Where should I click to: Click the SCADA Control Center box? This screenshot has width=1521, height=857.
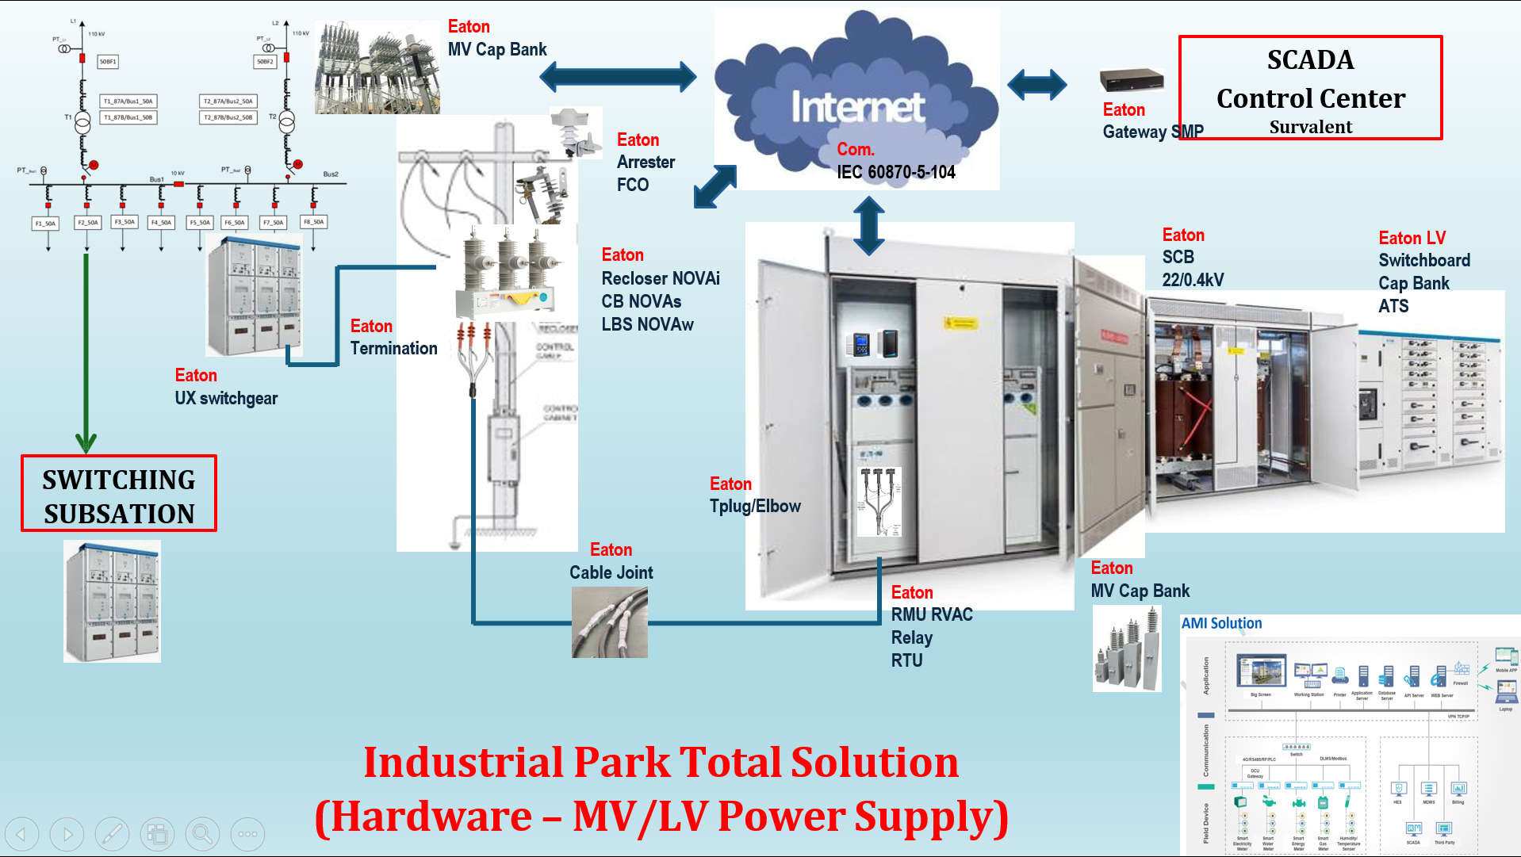pos(1309,87)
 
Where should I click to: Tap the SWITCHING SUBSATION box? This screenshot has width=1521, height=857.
pos(119,493)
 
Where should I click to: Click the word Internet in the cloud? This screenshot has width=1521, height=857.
pos(857,107)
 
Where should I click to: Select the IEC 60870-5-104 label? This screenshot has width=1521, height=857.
pos(895,172)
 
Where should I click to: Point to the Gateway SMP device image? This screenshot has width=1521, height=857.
pos(1131,80)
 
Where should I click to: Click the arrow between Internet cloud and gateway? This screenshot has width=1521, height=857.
pos(1036,85)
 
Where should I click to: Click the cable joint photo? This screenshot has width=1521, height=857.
pos(609,626)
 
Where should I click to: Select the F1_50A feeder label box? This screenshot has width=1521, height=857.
pos(45,224)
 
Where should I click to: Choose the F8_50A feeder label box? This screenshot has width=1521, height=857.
pos(314,222)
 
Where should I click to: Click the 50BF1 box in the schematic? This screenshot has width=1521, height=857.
pos(108,61)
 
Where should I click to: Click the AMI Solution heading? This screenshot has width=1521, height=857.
pos(1221,623)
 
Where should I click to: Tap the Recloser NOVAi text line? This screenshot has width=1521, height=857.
pos(660,278)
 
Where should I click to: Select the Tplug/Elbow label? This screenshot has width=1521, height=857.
pos(754,506)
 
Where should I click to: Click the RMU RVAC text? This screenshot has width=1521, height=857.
pos(931,614)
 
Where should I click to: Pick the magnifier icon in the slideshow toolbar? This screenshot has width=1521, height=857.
pos(202,833)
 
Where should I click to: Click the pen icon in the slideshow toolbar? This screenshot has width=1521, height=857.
pos(112,833)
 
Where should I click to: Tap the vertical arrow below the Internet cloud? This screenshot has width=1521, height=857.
pos(869,225)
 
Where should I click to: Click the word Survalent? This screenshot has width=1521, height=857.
pos(1310,127)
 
